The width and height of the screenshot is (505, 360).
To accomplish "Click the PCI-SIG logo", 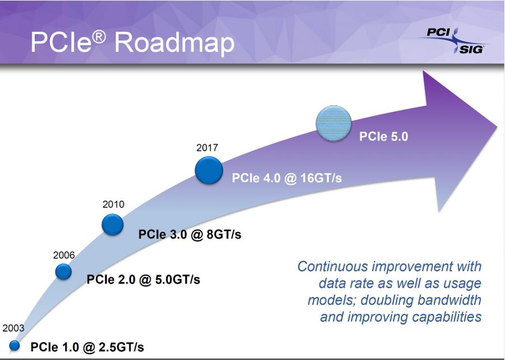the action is pos(455,40).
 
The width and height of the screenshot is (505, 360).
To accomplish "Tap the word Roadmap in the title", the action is pos(174,43).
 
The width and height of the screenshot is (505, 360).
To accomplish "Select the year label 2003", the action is pos(13,328).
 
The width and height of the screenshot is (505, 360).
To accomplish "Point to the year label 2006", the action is pos(64,255).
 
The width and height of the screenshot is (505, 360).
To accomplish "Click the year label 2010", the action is pos(113,204).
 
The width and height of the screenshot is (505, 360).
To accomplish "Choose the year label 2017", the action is pos(207,147).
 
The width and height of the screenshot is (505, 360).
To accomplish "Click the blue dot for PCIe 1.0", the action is pos(14,345).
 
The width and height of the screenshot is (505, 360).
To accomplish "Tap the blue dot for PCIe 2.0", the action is pos(63,272).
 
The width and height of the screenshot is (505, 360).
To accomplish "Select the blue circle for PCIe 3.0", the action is pos(113,224).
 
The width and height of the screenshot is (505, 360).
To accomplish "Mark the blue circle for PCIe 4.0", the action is pos(209,170).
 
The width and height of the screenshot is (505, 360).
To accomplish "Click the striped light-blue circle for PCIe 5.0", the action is pos(333,123).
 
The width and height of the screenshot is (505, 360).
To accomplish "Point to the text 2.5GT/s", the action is pos(121,348).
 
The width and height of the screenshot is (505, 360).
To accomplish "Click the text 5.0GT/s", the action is pos(178,279).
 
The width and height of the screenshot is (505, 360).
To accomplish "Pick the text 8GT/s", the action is pos(224,234).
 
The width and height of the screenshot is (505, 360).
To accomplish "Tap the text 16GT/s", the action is pos(321,178).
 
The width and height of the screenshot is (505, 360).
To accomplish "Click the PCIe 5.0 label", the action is pos(383,136).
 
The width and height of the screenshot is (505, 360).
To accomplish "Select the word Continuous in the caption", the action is pos(332,266).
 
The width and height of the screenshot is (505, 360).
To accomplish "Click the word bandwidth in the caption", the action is pos(450,300).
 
